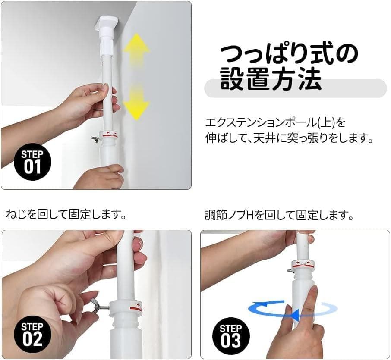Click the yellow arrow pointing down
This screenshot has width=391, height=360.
(136, 102)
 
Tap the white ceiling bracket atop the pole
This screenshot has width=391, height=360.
(107, 23)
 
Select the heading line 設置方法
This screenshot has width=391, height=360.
(271, 79)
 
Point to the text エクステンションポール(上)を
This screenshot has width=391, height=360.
(275, 123)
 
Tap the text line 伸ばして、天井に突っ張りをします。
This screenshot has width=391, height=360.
(289, 139)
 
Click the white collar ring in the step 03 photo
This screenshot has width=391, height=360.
(302, 264)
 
